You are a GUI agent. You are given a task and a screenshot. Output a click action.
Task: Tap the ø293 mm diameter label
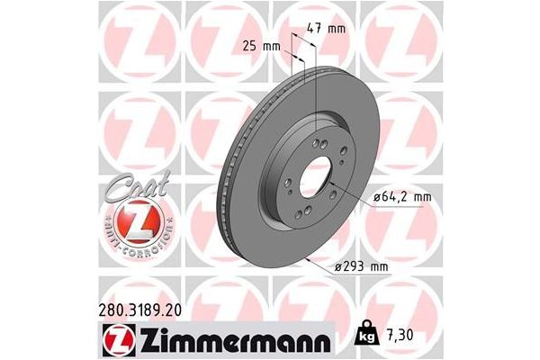point(364,266)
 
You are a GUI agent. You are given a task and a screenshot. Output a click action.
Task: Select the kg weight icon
point(366,335)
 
